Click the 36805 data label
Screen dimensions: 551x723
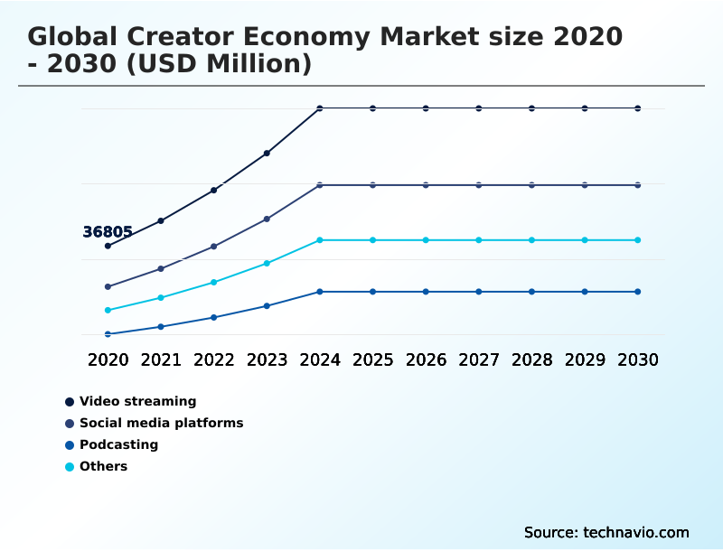click(x=108, y=232)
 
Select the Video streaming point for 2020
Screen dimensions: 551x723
click(x=108, y=246)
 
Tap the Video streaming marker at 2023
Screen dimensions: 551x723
click(x=267, y=154)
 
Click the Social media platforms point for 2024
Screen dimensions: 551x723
click(x=320, y=185)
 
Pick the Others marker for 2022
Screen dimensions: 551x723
click(x=214, y=283)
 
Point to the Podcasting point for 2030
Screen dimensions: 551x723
click(x=638, y=292)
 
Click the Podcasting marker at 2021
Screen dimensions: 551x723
click(x=161, y=327)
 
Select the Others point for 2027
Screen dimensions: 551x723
click(x=479, y=240)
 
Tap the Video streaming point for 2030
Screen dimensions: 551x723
click(x=638, y=108)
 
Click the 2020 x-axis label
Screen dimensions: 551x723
click(x=108, y=360)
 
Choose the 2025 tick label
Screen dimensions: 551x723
click(x=372, y=360)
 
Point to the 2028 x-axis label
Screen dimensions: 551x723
click(x=531, y=360)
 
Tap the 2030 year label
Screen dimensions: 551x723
click(x=638, y=360)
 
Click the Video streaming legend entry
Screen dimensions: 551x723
click(x=137, y=401)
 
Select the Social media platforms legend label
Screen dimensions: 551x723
click(x=161, y=423)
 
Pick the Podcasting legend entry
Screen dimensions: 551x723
click(x=118, y=444)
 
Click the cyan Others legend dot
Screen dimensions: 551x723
click(x=70, y=467)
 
